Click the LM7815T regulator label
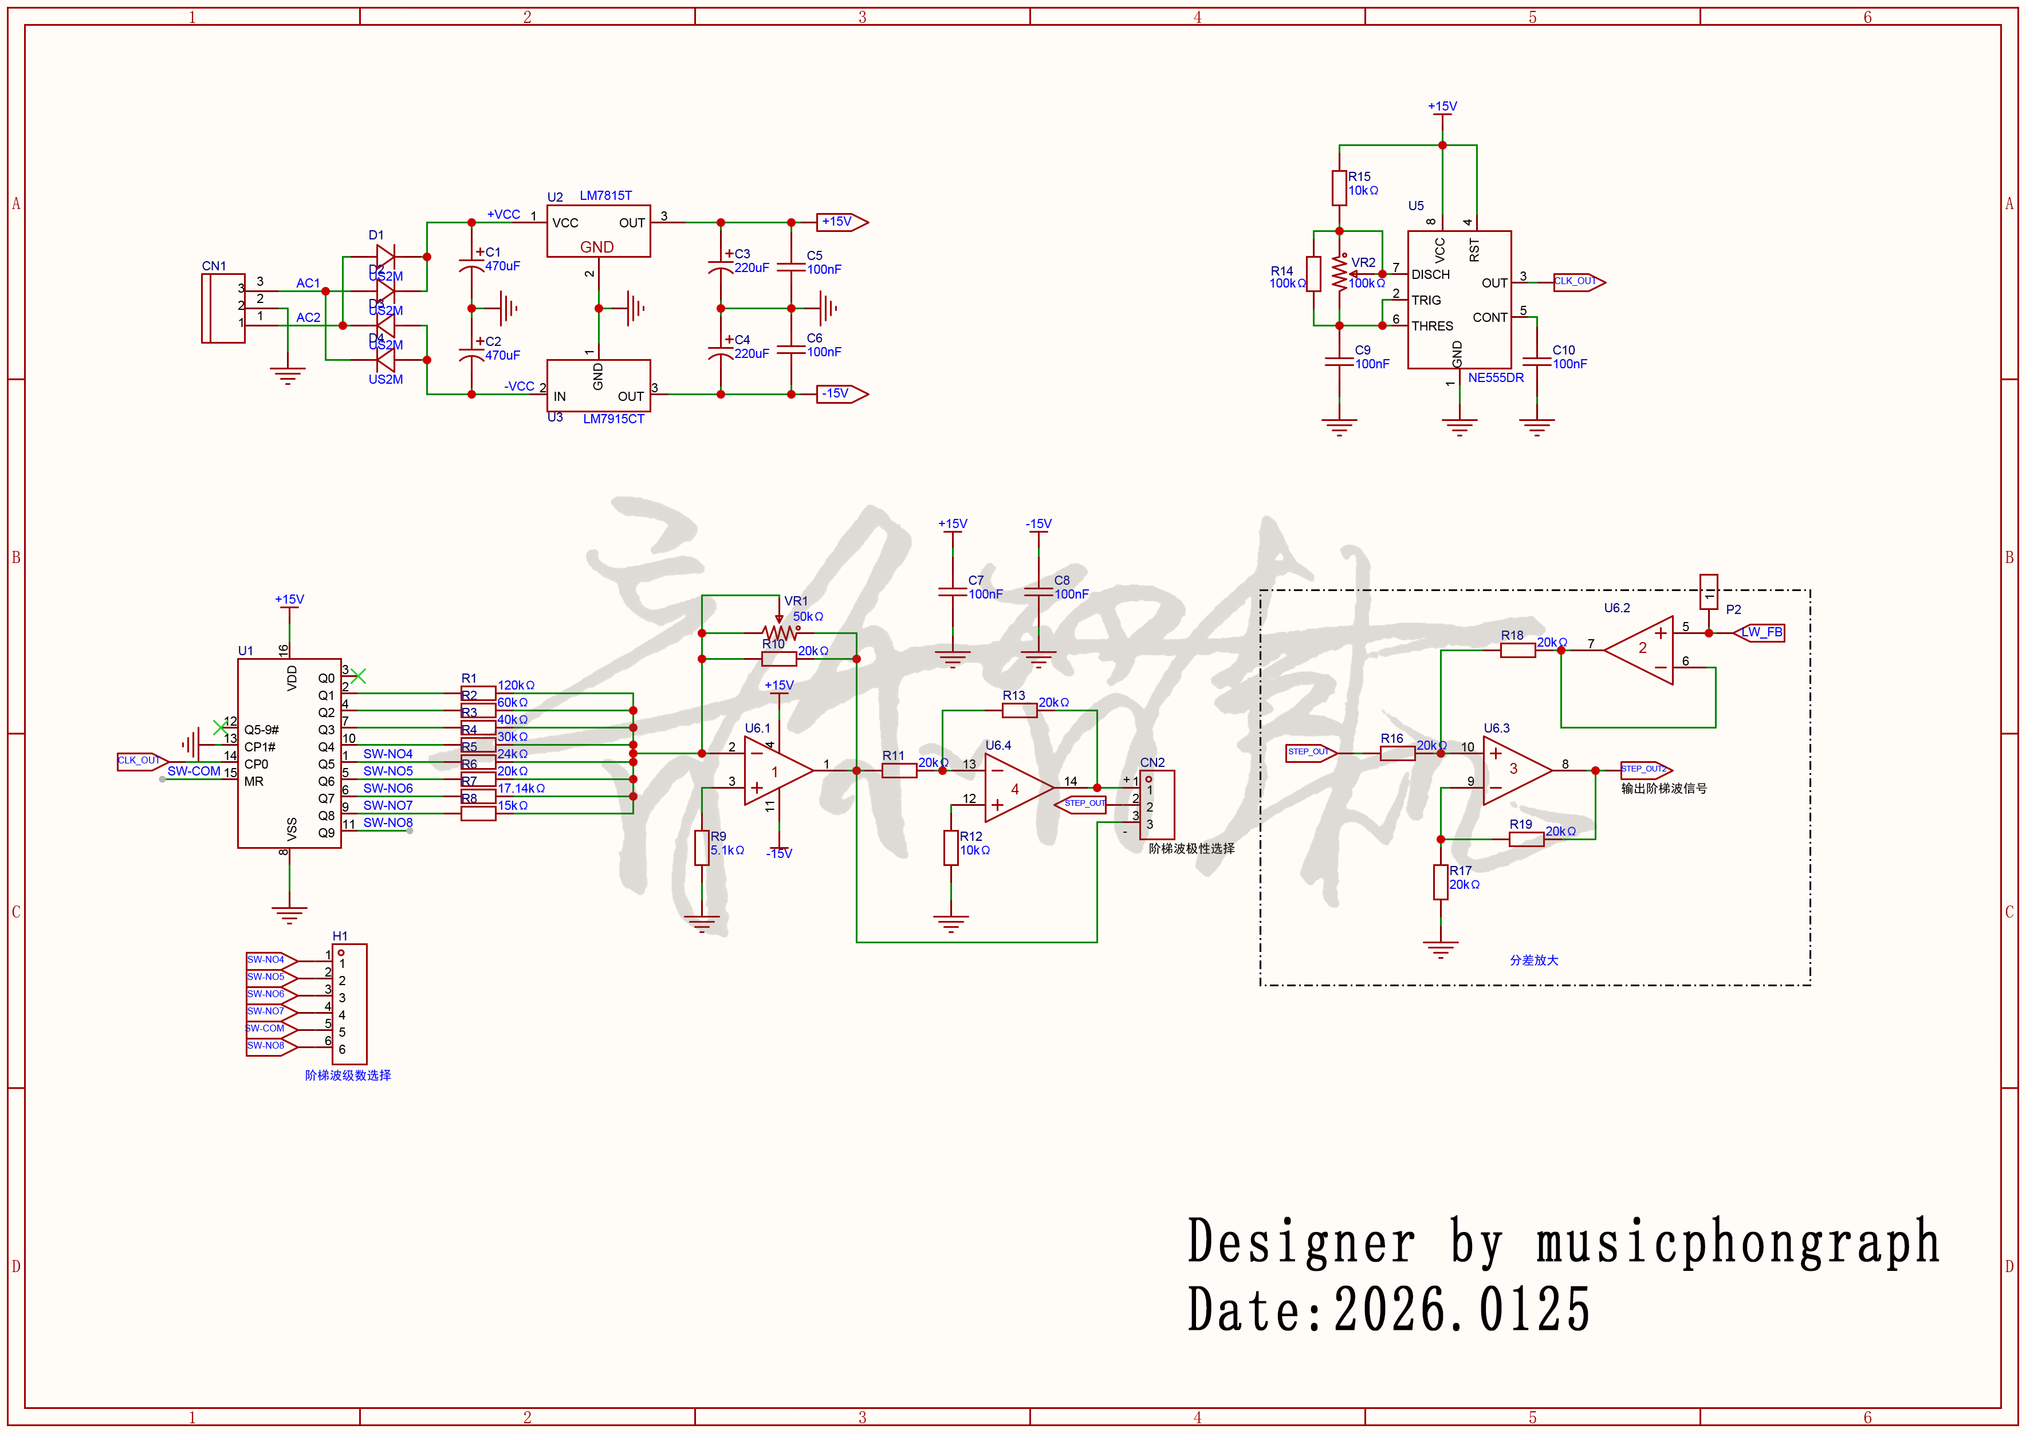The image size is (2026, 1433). (x=605, y=195)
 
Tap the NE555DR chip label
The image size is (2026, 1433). (x=1496, y=377)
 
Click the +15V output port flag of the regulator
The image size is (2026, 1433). (x=841, y=222)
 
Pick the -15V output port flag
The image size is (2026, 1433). (x=841, y=393)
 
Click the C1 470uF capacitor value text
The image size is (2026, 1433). (x=502, y=266)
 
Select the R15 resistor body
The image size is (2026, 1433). (x=1339, y=188)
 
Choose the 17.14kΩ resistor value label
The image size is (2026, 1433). (x=521, y=788)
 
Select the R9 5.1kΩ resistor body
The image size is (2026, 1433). (x=702, y=848)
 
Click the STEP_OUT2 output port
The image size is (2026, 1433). (x=1645, y=769)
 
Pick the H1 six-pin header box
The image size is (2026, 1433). (x=349, y=1003)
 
